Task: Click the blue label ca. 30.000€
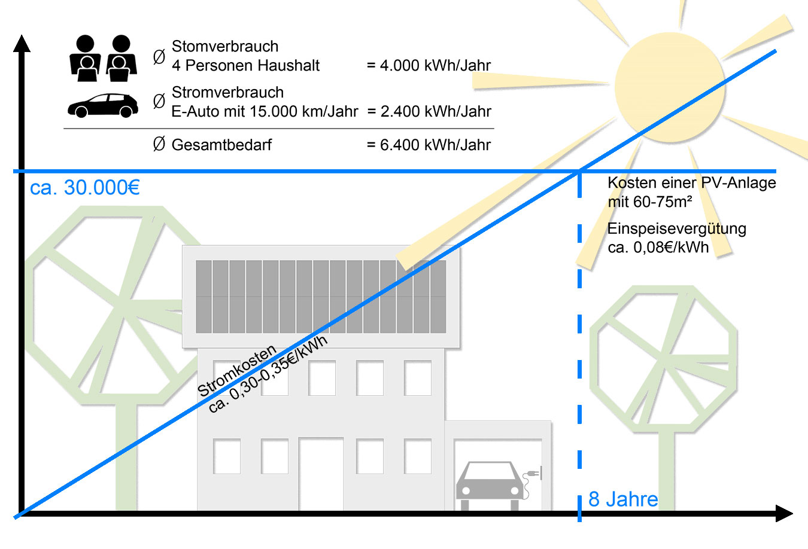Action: point(84,188)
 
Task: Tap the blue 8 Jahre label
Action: point(623,499)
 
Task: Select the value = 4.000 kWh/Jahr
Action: point(429,66)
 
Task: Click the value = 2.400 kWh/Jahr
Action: point(429,112)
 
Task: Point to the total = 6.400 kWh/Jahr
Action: point(429,145)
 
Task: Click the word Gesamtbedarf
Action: point(221,145)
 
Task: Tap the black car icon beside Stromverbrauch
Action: point(103,106)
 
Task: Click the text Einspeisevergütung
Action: point(676,228)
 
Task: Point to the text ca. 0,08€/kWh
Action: point(658,248)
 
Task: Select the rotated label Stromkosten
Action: point(237,371)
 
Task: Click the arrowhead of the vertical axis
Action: point(22,43)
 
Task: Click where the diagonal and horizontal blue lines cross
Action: point(579,172)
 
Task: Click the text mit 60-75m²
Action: point(649,202)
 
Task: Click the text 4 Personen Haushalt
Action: point(245,66)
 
